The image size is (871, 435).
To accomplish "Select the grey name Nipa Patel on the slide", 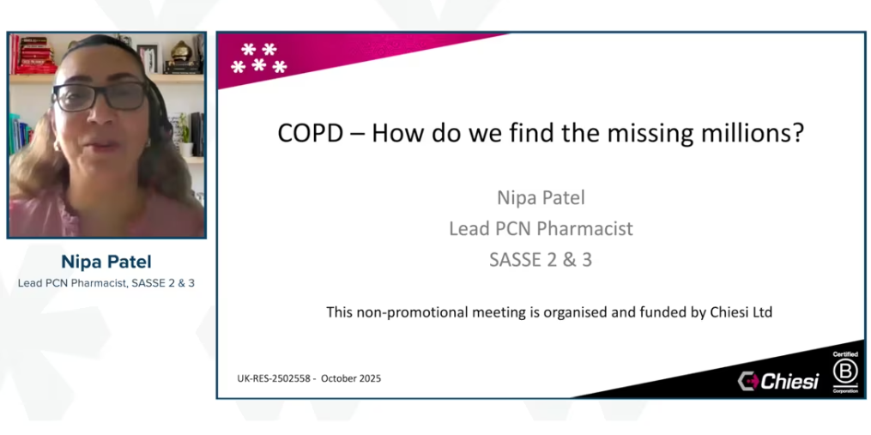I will (541, 197).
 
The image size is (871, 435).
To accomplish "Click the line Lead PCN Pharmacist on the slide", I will (541, 228).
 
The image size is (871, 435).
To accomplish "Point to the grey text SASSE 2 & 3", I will (541, 260).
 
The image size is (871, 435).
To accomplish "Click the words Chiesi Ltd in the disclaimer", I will (740, 312).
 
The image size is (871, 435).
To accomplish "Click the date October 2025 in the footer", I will (351, 378).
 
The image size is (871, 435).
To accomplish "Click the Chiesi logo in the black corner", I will (779, 381).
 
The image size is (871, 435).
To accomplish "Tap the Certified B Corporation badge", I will (845, 372).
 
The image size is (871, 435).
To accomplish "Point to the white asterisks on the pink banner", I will (258, 58).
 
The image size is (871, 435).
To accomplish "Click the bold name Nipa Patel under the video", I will (106, 262).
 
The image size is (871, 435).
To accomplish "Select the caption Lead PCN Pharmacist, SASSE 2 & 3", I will (106, 282).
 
